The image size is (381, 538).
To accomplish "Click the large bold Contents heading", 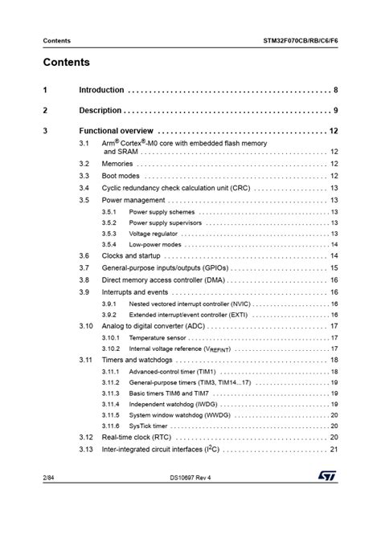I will (x=67, y=63).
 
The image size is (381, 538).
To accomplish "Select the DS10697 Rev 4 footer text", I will (x=190, y=500).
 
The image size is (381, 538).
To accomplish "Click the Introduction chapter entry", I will (x=101, y=91).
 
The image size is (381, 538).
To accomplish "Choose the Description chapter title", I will (x=100, y=110).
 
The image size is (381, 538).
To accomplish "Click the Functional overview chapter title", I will (x=116, y=130).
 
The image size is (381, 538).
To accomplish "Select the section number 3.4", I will (x=84, y=188).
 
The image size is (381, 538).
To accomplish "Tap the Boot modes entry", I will (x=121, y=176).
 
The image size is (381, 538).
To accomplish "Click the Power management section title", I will (x=133, y=200).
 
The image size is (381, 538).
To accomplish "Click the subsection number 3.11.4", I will (x=110, y=404).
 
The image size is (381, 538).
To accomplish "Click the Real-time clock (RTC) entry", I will (x=136, y=437).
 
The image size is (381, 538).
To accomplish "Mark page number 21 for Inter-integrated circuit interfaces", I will (x=334, y=449).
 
